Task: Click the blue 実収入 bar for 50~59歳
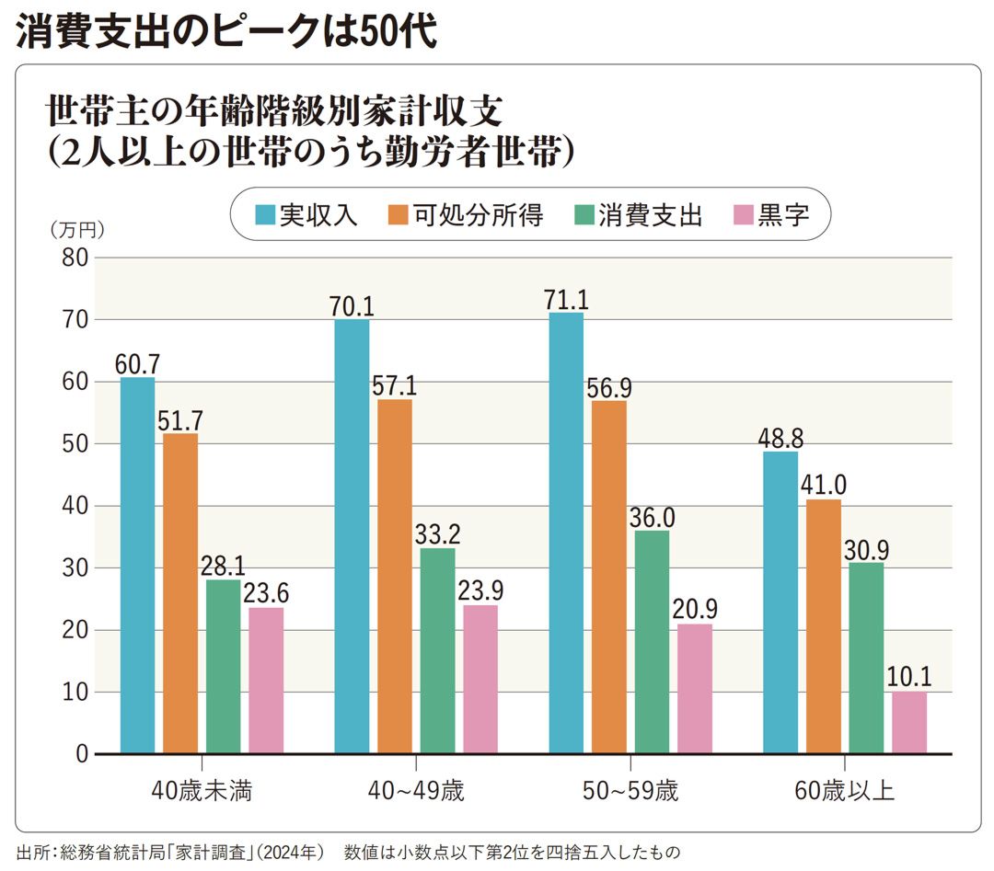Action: point(566,533)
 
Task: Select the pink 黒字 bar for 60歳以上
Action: point(908,723)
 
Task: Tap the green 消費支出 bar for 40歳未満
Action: point(223,667)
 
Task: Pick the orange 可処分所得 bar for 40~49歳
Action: point(394,577)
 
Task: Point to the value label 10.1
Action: point(908,678)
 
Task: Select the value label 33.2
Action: point(437,534)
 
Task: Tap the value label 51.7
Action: point(180,420)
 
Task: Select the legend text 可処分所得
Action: point(478,215)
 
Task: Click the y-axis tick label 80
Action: point(75,258)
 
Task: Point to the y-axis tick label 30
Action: point(75,568)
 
